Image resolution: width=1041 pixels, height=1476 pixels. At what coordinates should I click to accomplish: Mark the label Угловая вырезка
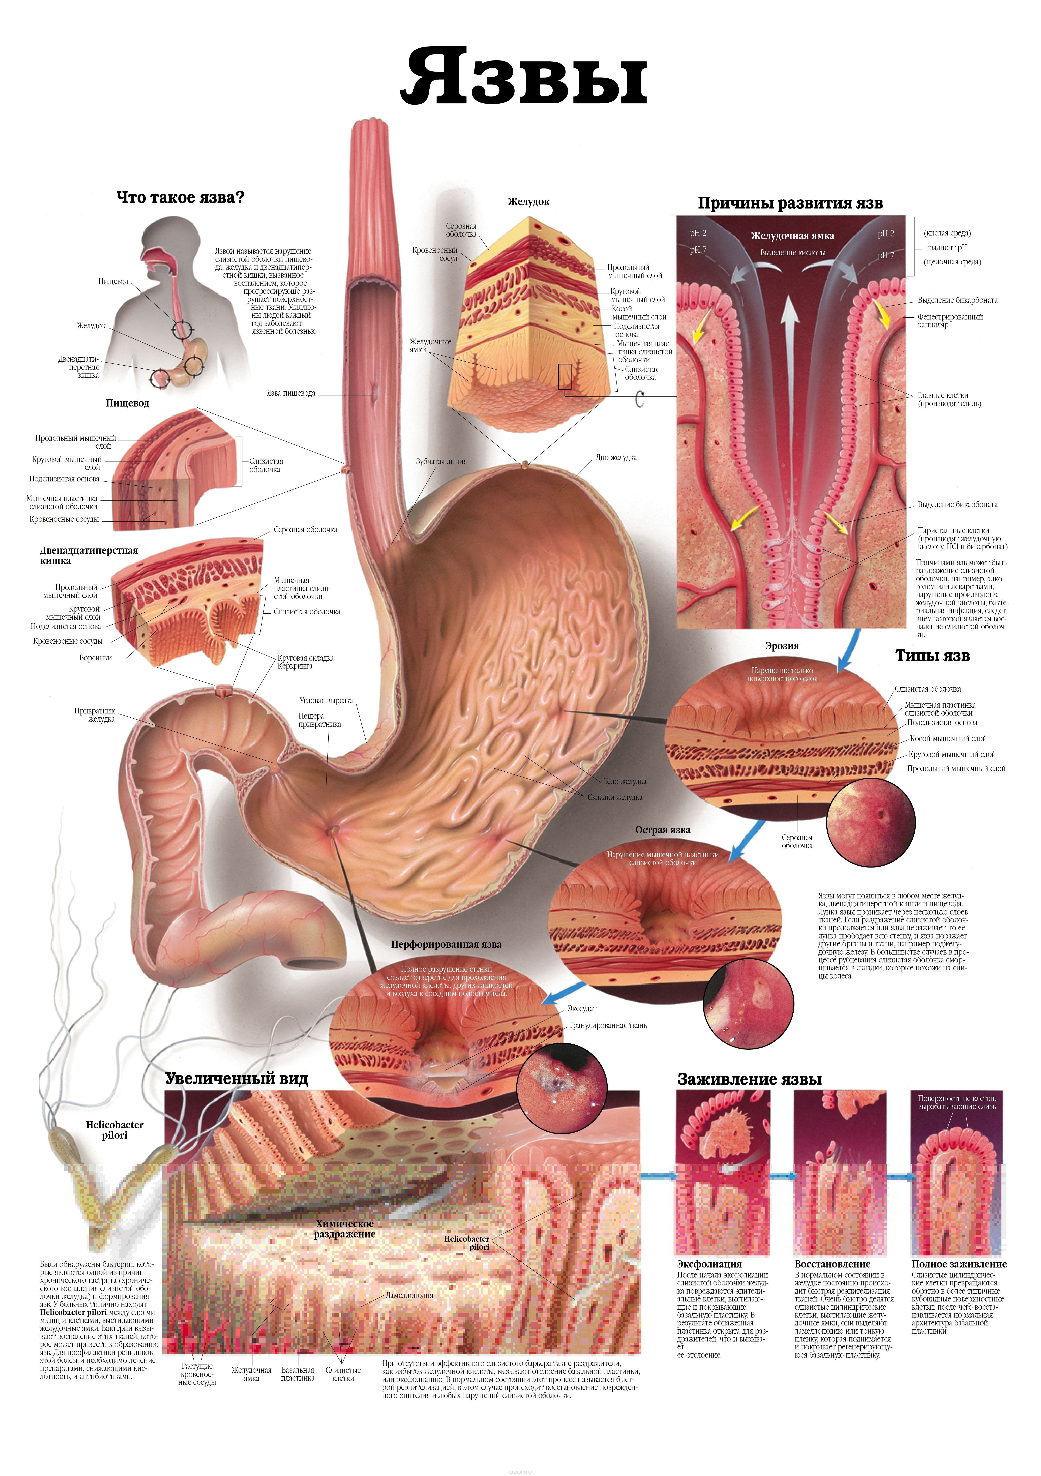(x=326, y=701)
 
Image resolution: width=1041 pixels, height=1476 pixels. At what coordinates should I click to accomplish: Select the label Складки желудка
(x=615, y=797)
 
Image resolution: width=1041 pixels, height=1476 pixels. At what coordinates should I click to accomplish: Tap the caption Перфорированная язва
(x=446, y=944)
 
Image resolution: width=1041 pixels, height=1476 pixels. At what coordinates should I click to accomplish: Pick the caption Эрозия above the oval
(x=782, y=646)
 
